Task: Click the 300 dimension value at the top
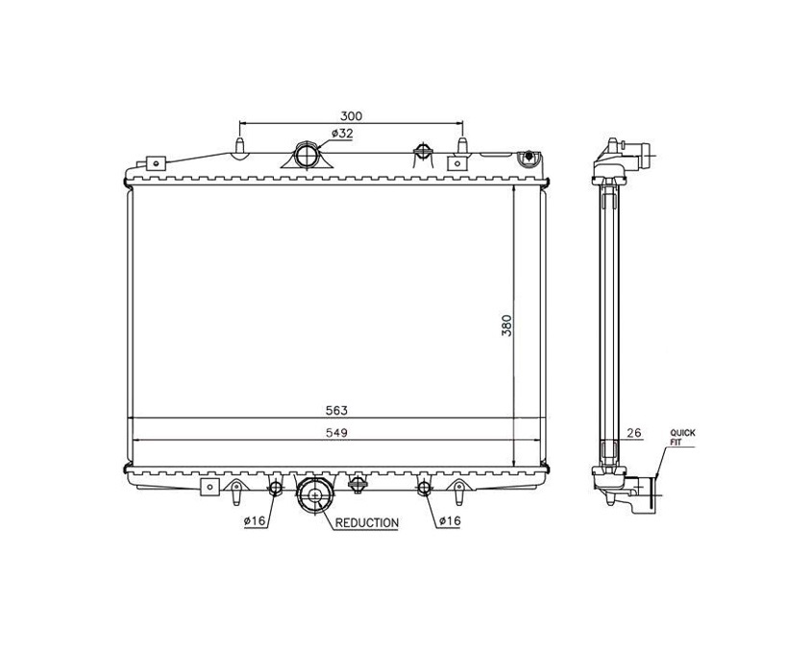point(351,116)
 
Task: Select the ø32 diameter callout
point(342,133)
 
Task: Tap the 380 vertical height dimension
point(506,326)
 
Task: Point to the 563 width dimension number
point(336,410)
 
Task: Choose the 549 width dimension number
point(336,432)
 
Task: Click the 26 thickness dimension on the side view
point(634,432)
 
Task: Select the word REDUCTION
point(367,523)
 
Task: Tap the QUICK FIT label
point(682,438)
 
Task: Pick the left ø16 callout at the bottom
point(255,520)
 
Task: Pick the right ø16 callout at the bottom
point(450,520)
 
